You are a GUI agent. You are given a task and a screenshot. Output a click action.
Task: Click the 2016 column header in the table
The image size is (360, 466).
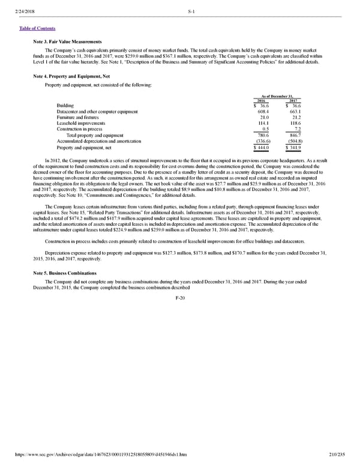[x=261, y=100]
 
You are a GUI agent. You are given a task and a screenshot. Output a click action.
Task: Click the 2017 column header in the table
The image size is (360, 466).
[x=293, y=100]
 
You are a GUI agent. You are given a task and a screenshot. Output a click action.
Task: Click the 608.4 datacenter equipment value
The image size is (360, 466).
[x=264, y=112]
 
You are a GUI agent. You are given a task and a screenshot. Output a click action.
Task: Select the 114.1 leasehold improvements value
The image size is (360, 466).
[x=264, y=123]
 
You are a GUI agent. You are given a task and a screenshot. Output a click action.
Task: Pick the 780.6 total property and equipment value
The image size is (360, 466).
[x=264, y=135]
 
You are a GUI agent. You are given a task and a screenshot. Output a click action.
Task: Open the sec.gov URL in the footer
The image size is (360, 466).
[x=97, y=455]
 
